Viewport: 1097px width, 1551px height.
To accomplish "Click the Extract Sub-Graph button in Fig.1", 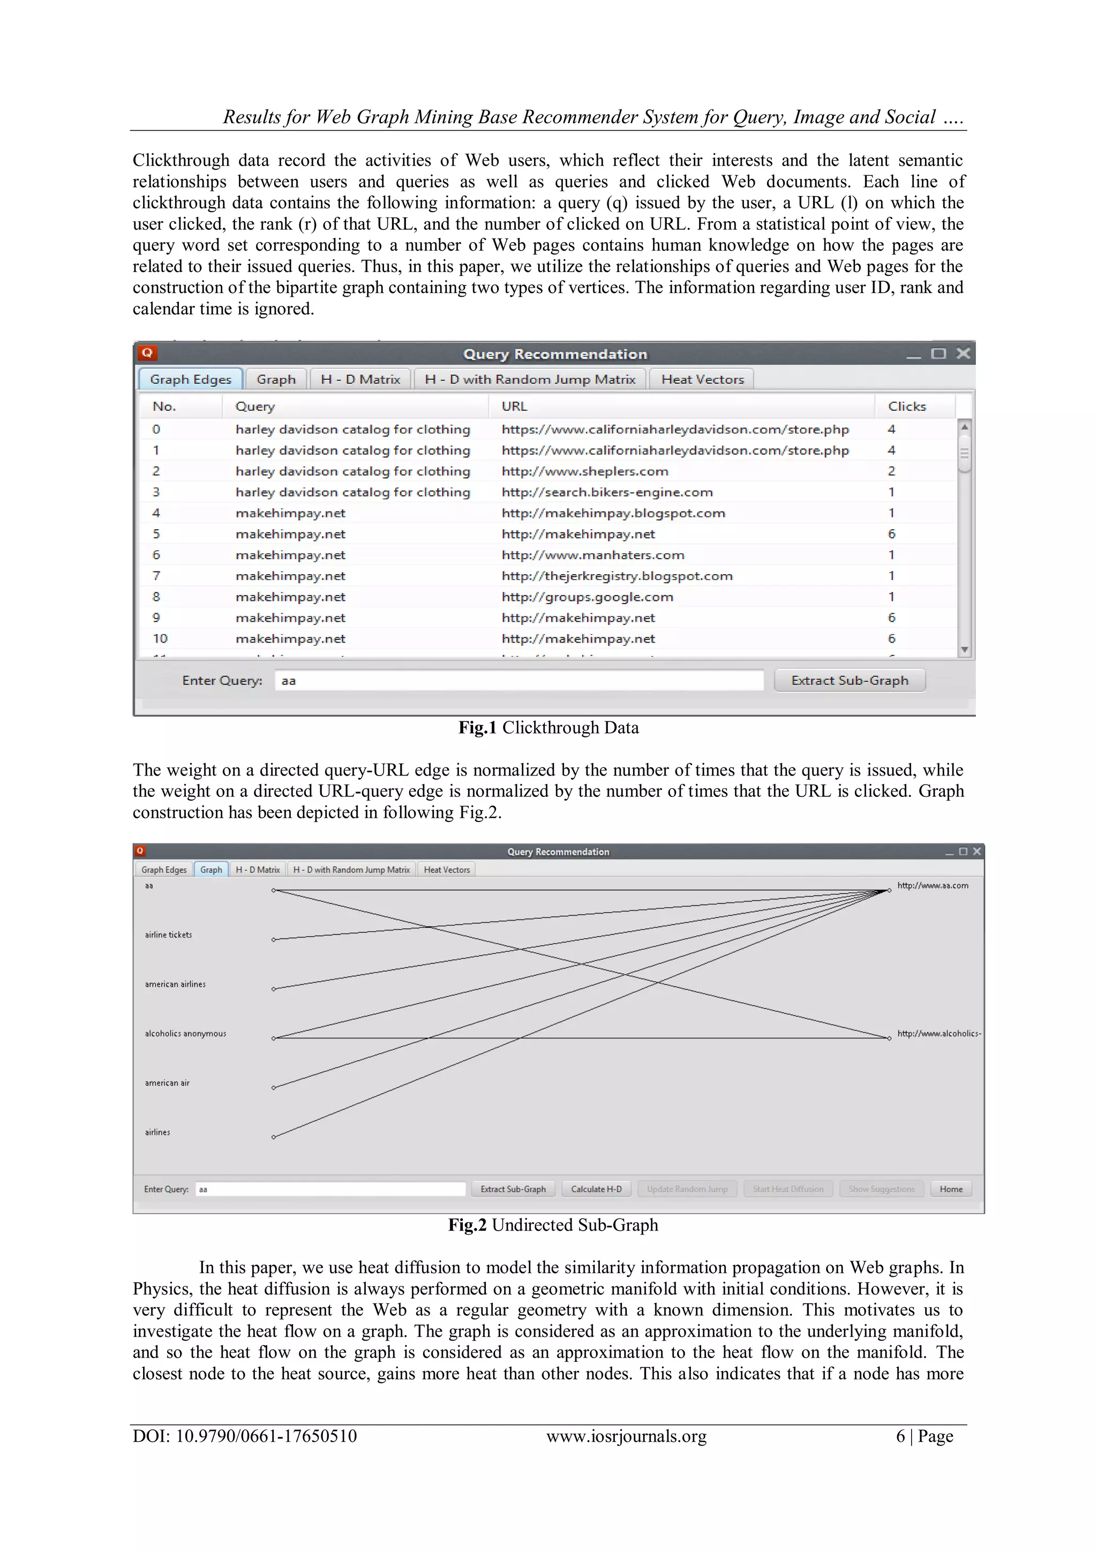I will click(849, 680).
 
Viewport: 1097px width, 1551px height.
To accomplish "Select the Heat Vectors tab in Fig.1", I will click(702, 379).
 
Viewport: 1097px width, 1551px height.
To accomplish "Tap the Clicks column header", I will click(906, 406).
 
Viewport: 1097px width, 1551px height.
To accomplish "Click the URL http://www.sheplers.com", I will click(584, 471).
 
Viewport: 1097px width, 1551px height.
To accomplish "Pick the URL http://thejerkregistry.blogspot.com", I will click(617, 576).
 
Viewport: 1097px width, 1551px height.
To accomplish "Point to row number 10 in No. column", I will click(160, 638).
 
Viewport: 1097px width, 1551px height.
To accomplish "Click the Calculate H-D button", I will click(596, 1189).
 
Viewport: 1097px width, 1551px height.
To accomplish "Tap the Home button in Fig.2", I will click(950, 1189).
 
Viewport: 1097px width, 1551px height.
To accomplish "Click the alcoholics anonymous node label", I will click(185, 1034).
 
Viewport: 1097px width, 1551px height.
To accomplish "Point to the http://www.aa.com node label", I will click(932, 886).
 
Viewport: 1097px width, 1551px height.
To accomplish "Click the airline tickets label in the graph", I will click(168, 935).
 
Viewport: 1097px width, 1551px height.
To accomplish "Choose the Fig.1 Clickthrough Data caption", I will click(548, 727).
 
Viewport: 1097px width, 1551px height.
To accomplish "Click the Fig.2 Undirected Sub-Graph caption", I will click(553, 1225).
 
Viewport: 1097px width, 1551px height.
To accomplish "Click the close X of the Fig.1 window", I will click(963, 353).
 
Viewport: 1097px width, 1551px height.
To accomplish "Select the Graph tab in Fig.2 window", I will click(211, 869).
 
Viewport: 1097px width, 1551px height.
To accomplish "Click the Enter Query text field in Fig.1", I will click(518, 680).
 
